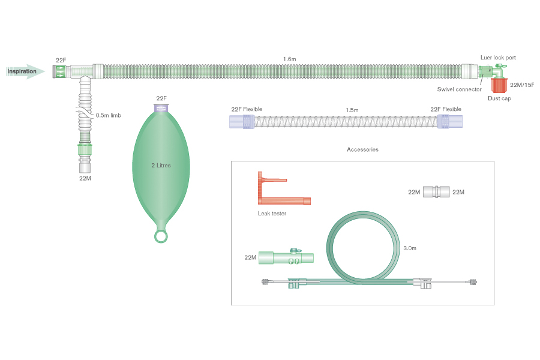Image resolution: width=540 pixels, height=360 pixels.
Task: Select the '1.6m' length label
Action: [290, 59]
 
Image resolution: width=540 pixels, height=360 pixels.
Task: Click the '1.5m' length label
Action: [352, 110]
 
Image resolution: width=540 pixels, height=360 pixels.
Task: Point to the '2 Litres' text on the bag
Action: [161, 165]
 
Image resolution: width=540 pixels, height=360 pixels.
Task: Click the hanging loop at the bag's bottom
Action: [161, 236]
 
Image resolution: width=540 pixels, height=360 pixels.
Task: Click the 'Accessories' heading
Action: [362, 149]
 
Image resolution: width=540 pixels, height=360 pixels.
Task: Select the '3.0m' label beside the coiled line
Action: [410, 247]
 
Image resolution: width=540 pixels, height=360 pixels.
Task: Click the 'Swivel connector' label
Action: [459, 89]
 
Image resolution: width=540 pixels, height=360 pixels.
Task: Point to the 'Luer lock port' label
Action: [498, 58]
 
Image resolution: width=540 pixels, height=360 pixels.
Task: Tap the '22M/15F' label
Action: [521, 85]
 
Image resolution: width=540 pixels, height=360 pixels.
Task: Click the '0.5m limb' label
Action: [109, 115]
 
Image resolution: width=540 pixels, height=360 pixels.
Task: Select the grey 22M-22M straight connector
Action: [436, 192]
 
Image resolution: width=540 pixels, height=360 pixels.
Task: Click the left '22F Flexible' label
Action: [247, 109]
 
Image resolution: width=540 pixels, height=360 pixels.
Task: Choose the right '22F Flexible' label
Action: [446, 109]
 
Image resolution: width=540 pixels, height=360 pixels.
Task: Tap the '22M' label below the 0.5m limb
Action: [85, 178]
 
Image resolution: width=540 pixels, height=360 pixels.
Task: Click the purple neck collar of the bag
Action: [161, 108]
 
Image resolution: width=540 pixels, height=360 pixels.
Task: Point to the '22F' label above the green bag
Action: [161, 98]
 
